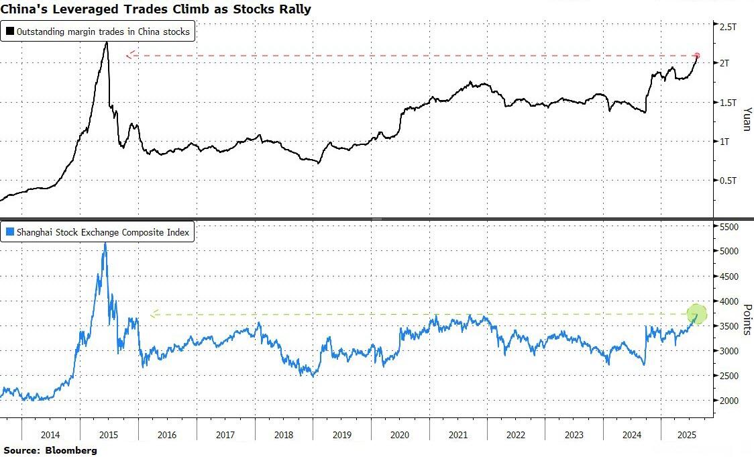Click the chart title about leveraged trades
(x=155, y=9)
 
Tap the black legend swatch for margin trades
(x=10, y=32)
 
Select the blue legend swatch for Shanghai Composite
(x=10, y=233)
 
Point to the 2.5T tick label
(x=728, y=28)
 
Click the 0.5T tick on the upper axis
(x=728, y=181)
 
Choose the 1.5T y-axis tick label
(x=728, y=103)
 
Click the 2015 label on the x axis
(x=109, y=435)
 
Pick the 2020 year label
(x=399, y=435)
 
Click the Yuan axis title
(x=747, y=118)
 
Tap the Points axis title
(x=747, y=316)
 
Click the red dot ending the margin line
(x=697, y=56)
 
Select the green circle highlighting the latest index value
(x=697, y=313)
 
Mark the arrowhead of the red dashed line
(x=130, y=55)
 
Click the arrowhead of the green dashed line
(x=154, y=313)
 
